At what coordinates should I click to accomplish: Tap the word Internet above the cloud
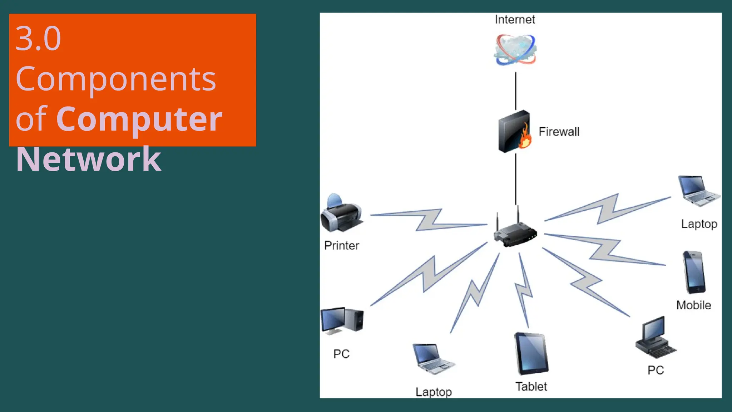515,20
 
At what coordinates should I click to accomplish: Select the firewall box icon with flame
515,131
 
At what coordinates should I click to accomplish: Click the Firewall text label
559,132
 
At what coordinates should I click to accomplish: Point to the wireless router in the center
515,232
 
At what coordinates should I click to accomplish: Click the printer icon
341,214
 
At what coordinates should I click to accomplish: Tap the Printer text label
341,246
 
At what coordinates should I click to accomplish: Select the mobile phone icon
694,272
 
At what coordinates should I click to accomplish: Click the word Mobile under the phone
693,305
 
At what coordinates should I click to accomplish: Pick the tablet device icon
531,353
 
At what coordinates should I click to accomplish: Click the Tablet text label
531,387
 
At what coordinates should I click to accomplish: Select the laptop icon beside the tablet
433,359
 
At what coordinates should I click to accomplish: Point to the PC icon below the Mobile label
655,338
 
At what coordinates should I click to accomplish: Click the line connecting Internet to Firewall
515,91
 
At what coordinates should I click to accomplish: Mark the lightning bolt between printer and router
429,220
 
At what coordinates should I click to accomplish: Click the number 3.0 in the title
38,38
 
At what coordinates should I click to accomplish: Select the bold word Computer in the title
139,119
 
